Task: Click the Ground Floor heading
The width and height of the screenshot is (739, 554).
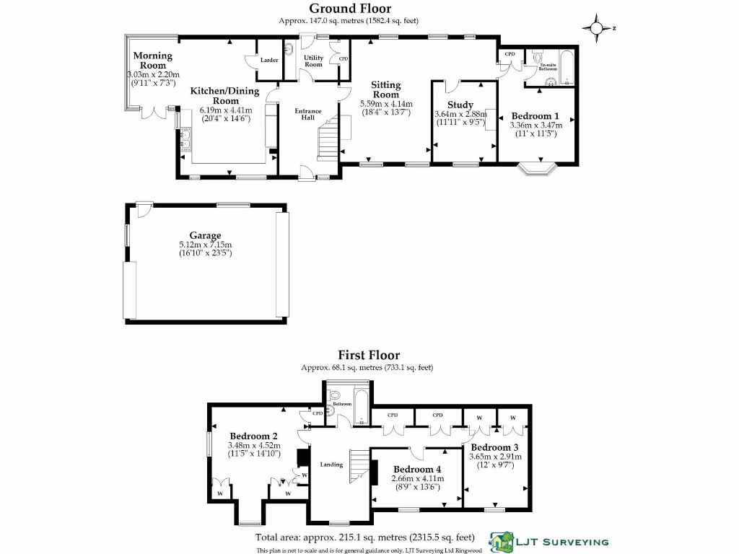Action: (350, 9)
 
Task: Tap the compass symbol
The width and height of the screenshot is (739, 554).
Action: (597, 29)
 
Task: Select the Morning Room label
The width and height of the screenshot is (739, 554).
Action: (152, 61)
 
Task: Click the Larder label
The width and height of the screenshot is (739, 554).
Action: (269, 60)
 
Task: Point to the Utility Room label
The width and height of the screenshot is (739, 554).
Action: (313, 61)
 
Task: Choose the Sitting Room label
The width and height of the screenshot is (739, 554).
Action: (385, 89)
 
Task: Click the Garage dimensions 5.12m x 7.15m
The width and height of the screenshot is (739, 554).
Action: (205, 245)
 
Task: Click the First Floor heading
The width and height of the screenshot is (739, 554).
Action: (369, 355)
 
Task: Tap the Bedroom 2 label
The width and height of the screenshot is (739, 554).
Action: (254, 436)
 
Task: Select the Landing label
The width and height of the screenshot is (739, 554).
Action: (331, 465)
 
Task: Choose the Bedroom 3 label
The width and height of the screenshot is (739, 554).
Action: (494, 447)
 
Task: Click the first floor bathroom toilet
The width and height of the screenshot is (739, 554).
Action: (334, 396)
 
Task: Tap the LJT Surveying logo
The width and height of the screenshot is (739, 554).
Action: (548, 542)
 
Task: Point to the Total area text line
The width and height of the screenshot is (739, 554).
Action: (364, 537)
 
